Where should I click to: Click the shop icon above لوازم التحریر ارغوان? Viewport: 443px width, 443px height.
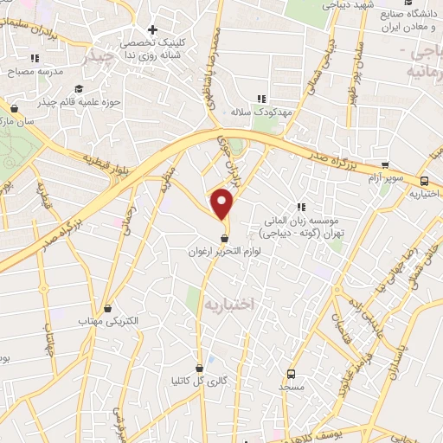(x=225, y=239)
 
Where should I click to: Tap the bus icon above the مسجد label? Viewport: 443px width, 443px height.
(x=291, y=375)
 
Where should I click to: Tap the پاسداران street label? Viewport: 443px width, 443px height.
(x=395, y=352)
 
